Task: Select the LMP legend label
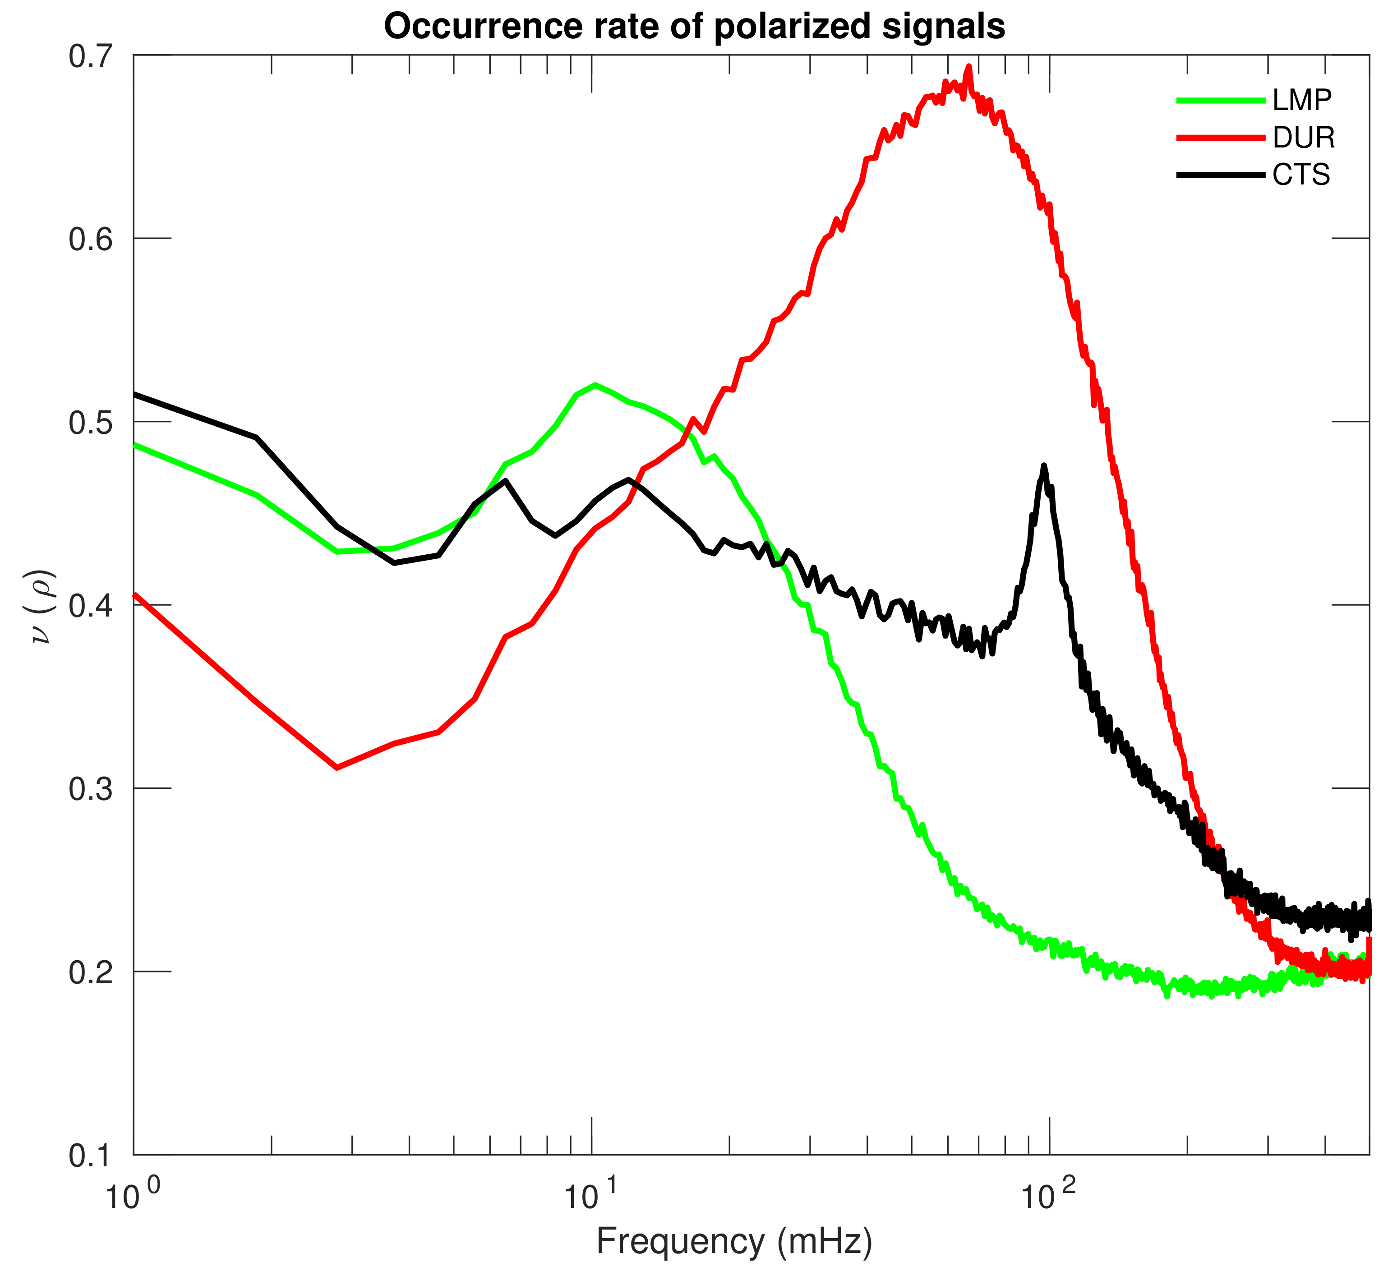(x=1301, y=101)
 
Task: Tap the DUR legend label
(x=1303, y=138)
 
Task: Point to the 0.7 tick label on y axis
(x=91, y=56)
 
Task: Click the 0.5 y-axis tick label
(x=91, y=422)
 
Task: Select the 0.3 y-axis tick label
(x=91, y=789)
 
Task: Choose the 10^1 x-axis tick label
(x=590, y=1197)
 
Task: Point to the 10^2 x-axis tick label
(x=1048, y=1197)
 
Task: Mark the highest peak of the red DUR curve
(x=969, y=67)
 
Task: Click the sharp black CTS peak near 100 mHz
(x=1044, y=466)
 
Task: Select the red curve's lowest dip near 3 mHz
(x=337, y=767)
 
